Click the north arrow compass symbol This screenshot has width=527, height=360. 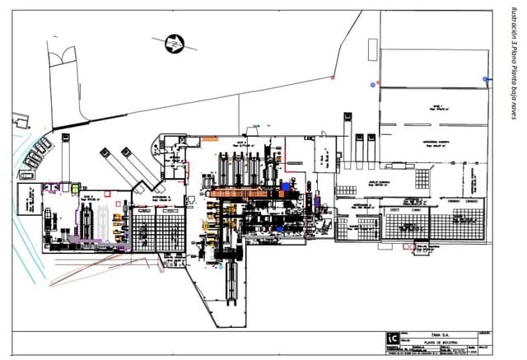[175, 43]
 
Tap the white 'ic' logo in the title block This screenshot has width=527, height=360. [394, 338]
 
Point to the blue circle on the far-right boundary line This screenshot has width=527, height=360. [487, 79]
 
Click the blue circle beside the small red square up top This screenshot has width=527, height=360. [373, 84]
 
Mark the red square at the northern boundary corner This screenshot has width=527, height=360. [332, 77]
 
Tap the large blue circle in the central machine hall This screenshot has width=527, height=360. [287, 187]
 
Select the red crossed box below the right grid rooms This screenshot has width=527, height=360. [407, 245]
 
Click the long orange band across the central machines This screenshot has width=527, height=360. [247, 192]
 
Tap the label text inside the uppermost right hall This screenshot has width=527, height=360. [435, 107]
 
